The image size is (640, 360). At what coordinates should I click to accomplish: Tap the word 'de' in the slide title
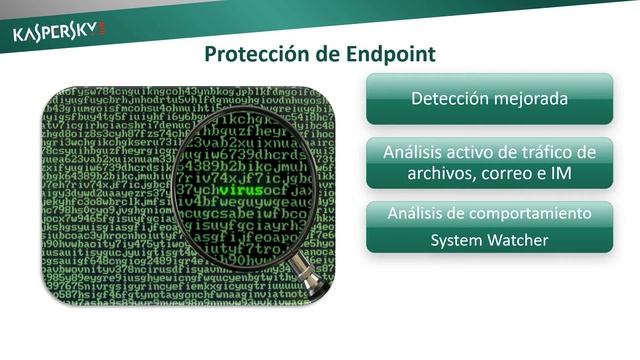point(321,53)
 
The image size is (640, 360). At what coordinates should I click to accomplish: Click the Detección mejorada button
point(489,99)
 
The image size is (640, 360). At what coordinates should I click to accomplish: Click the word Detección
point(449,99)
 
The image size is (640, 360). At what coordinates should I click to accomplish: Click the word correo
point(508,173)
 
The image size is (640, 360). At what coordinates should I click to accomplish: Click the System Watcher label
point(489,240)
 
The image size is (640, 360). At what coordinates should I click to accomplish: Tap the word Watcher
point(517,240)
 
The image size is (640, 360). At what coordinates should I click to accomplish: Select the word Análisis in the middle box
point(415,153)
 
